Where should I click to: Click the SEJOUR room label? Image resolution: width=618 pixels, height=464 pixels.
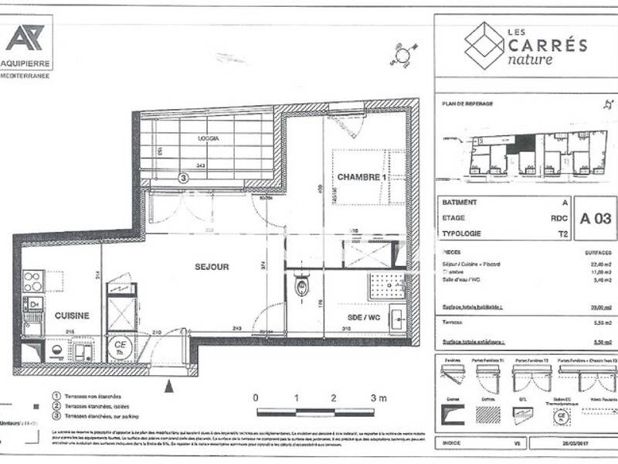coord(211,267)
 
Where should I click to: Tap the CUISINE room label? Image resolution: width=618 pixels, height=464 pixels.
coord(72,316)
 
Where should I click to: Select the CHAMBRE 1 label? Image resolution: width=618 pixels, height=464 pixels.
coord(361,177)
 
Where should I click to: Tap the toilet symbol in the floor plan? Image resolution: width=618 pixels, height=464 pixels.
coord(301,288)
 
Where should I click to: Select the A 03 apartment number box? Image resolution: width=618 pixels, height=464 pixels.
coord(596,218)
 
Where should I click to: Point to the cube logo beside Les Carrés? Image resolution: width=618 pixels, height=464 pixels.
coord(484,44)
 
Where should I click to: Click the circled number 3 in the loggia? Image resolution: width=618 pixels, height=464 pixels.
coord(183,177)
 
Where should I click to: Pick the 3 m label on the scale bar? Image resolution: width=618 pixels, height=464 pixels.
coord(379,397)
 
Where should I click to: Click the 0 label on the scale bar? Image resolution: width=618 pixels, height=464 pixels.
coord(256,397)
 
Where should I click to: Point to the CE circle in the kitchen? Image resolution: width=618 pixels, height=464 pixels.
coord(120,345)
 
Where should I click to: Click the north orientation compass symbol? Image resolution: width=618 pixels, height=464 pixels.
coord(402,53)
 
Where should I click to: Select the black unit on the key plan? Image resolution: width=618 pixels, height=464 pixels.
coord(525,144)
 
